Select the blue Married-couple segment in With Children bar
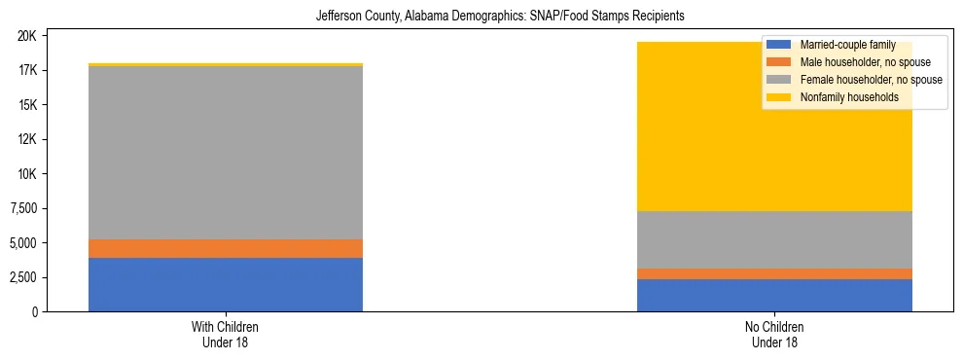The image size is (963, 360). click(x=226, y=284)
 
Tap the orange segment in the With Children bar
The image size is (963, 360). click(x=226, y=249)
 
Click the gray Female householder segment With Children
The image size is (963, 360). click(x=226, y=153)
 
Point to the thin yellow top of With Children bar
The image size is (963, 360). click(x=226, y=65)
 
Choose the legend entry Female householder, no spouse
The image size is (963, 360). click(x=854, y=80)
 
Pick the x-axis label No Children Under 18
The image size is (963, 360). click(x=774, y=334)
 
